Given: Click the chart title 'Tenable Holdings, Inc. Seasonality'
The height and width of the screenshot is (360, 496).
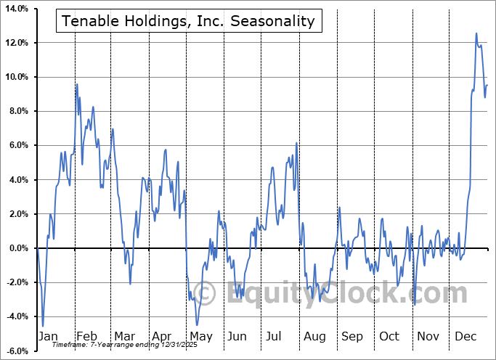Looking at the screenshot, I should [189, 21].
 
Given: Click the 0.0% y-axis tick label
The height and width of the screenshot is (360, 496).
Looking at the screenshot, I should [18, 248].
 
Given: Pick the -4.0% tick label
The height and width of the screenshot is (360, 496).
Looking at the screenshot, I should [17, 316].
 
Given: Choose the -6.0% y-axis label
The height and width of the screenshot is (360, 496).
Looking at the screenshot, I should [17, 351].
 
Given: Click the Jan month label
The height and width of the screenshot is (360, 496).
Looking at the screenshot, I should [47, 336].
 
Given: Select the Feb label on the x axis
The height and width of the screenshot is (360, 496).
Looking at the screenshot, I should [86, 336].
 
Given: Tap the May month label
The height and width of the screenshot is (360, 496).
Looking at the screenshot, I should [201, 336].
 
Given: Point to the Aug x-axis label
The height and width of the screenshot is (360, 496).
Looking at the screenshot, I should [315, 336].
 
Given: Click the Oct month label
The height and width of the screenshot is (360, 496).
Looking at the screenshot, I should [389, 336].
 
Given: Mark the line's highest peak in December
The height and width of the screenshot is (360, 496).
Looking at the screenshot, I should [476, 33].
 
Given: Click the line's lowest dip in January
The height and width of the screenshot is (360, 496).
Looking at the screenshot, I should [43, 326].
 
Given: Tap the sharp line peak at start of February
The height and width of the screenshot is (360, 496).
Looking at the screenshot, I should [76, 85].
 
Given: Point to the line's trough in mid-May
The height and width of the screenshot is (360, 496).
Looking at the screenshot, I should [197, 325].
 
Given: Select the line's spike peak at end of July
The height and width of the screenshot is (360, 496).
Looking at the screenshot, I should [296, 143].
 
